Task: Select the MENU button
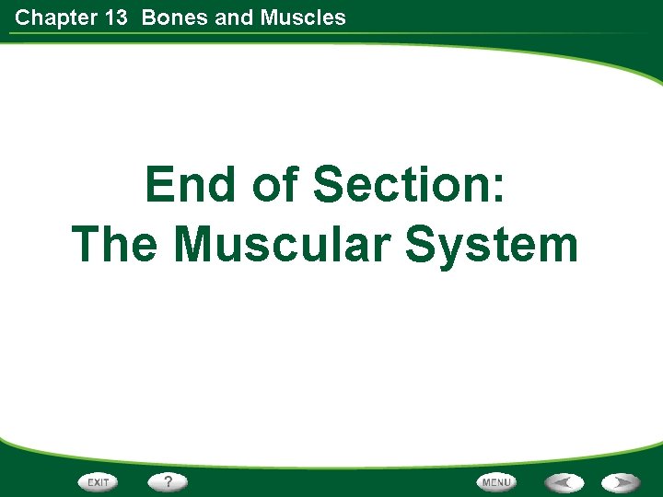tap(496, 481)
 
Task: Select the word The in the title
tap(116, 245)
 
